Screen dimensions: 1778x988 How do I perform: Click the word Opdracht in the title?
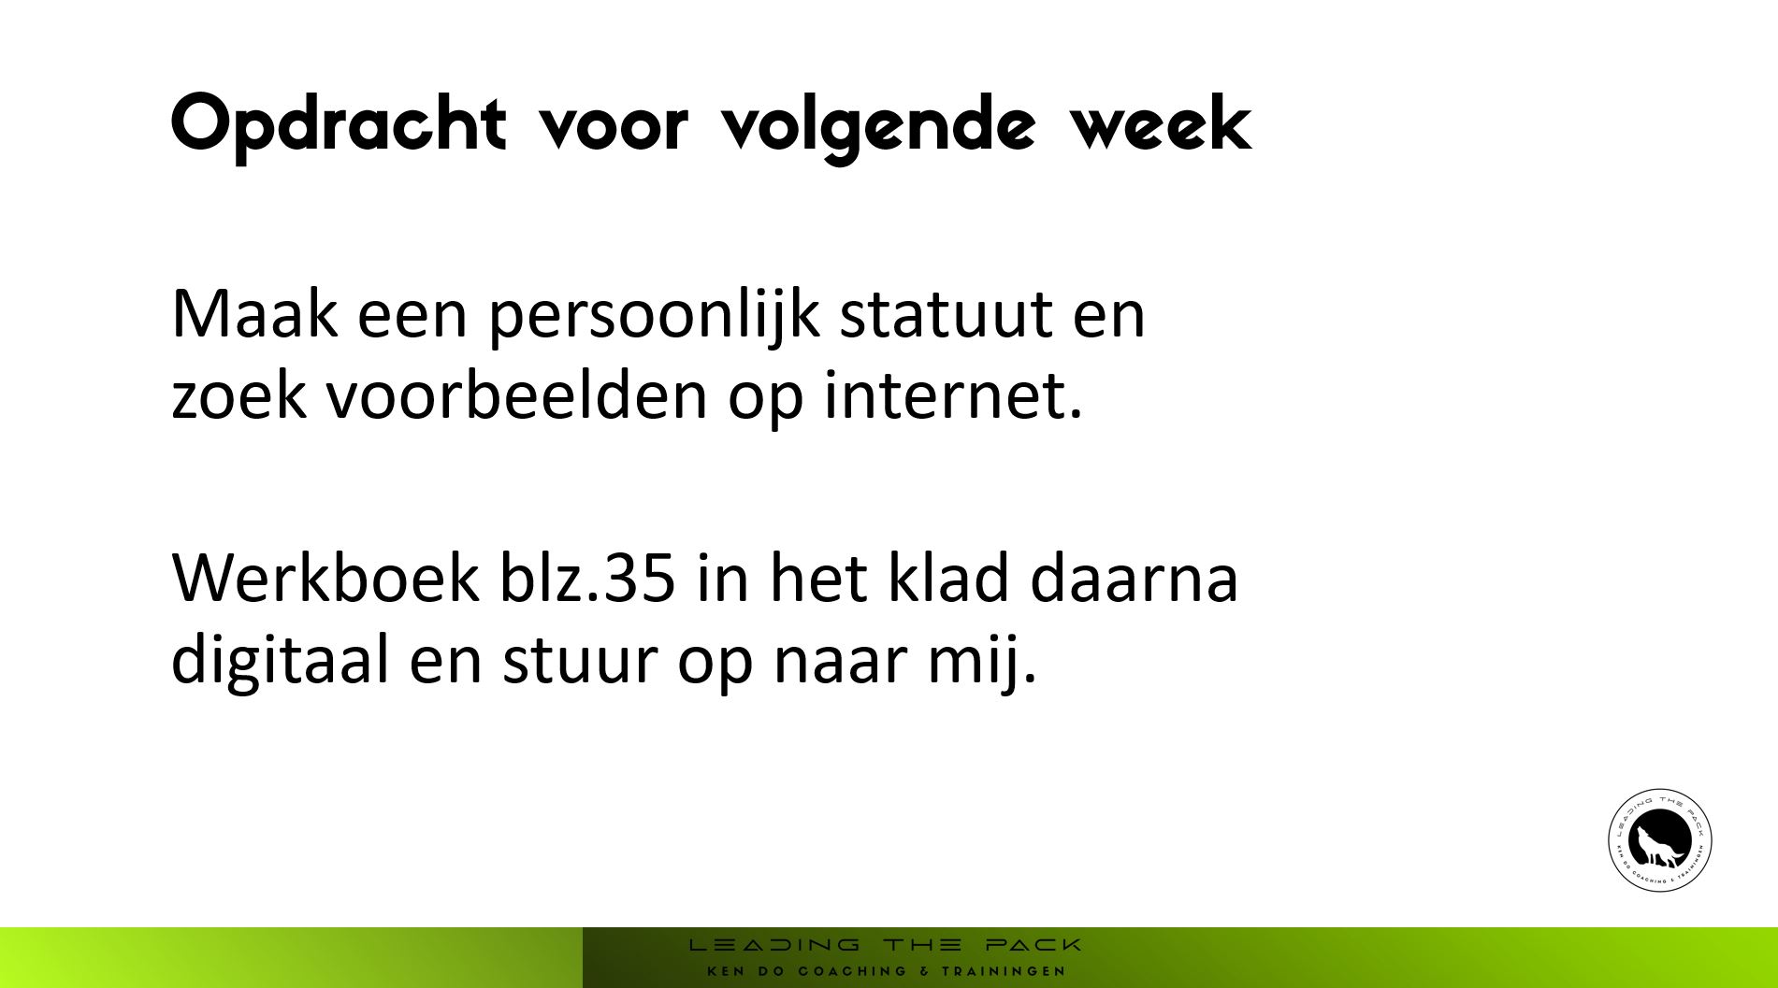(339, 124)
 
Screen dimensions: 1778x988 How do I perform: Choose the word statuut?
(945, 316)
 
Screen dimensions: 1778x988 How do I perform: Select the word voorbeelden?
(516, 394)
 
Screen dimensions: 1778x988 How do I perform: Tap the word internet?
(953, 394)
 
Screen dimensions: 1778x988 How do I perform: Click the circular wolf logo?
(1660, 839)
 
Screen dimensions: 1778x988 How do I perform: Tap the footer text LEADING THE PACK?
(885, 945)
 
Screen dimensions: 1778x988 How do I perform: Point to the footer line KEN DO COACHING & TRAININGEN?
(886, 971)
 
